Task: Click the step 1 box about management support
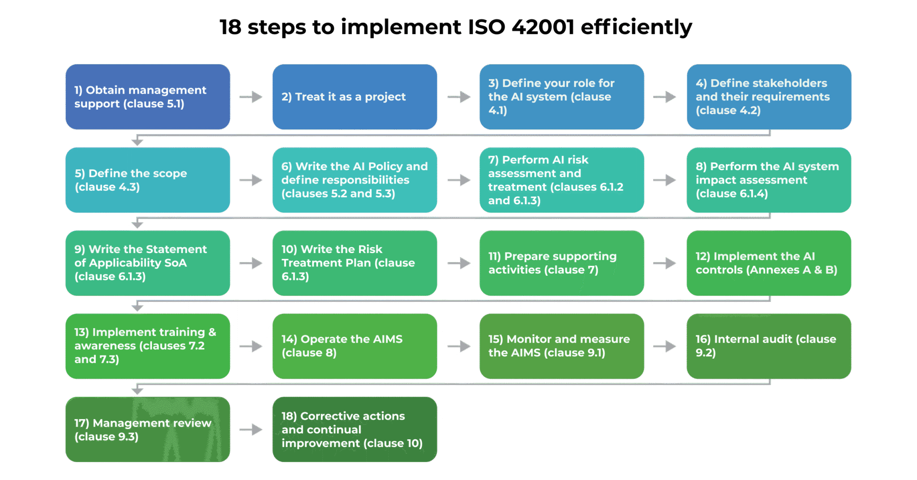pos(148,97)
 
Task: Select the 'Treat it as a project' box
pos(355,97)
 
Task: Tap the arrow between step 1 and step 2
pos(251,97)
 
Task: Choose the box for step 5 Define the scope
pos(148,180)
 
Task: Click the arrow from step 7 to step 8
pos(665,180)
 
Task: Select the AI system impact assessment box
pos(769,180)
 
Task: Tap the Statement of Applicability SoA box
pos(148,263)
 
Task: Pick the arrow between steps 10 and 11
pos(459,263)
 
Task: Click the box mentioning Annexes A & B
pos(769,263)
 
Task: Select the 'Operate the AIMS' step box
pos(355,346)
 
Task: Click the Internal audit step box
pos(769,346)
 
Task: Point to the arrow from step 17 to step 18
pos(251,429)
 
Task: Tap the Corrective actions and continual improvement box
pos(355,429)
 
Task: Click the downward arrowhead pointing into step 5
pos(137,142)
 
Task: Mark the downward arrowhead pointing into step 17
pos(137,391)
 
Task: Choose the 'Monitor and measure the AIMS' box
pos(561,346)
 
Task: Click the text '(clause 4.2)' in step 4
pos(728,111)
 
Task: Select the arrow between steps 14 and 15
pos(459,346)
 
